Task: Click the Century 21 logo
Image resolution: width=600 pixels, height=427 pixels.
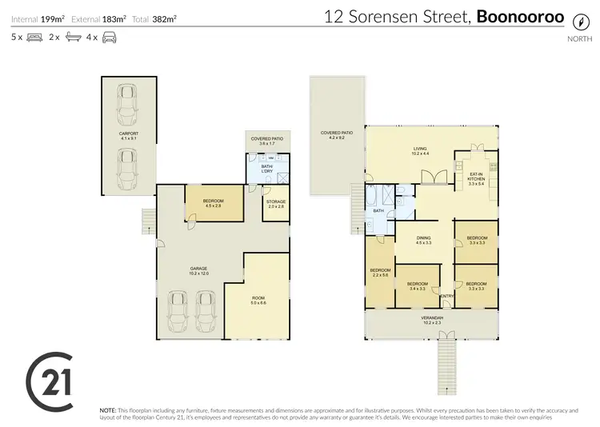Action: pos(50,377)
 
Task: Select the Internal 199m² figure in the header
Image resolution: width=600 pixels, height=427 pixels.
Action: pos(37,18)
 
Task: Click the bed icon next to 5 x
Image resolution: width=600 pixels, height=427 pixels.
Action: pos(34,37)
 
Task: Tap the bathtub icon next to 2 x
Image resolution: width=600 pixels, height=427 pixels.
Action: pos(73,37)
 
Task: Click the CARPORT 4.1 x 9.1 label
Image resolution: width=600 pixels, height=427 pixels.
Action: pos(128,137)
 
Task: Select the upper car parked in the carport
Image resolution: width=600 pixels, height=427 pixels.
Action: pos(127,102)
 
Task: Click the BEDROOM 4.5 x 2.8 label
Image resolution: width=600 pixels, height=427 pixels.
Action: pos(213,203)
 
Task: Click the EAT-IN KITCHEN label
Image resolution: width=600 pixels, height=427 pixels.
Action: pos(476,178)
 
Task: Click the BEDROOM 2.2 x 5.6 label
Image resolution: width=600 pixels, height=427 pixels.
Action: pos(380,272)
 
